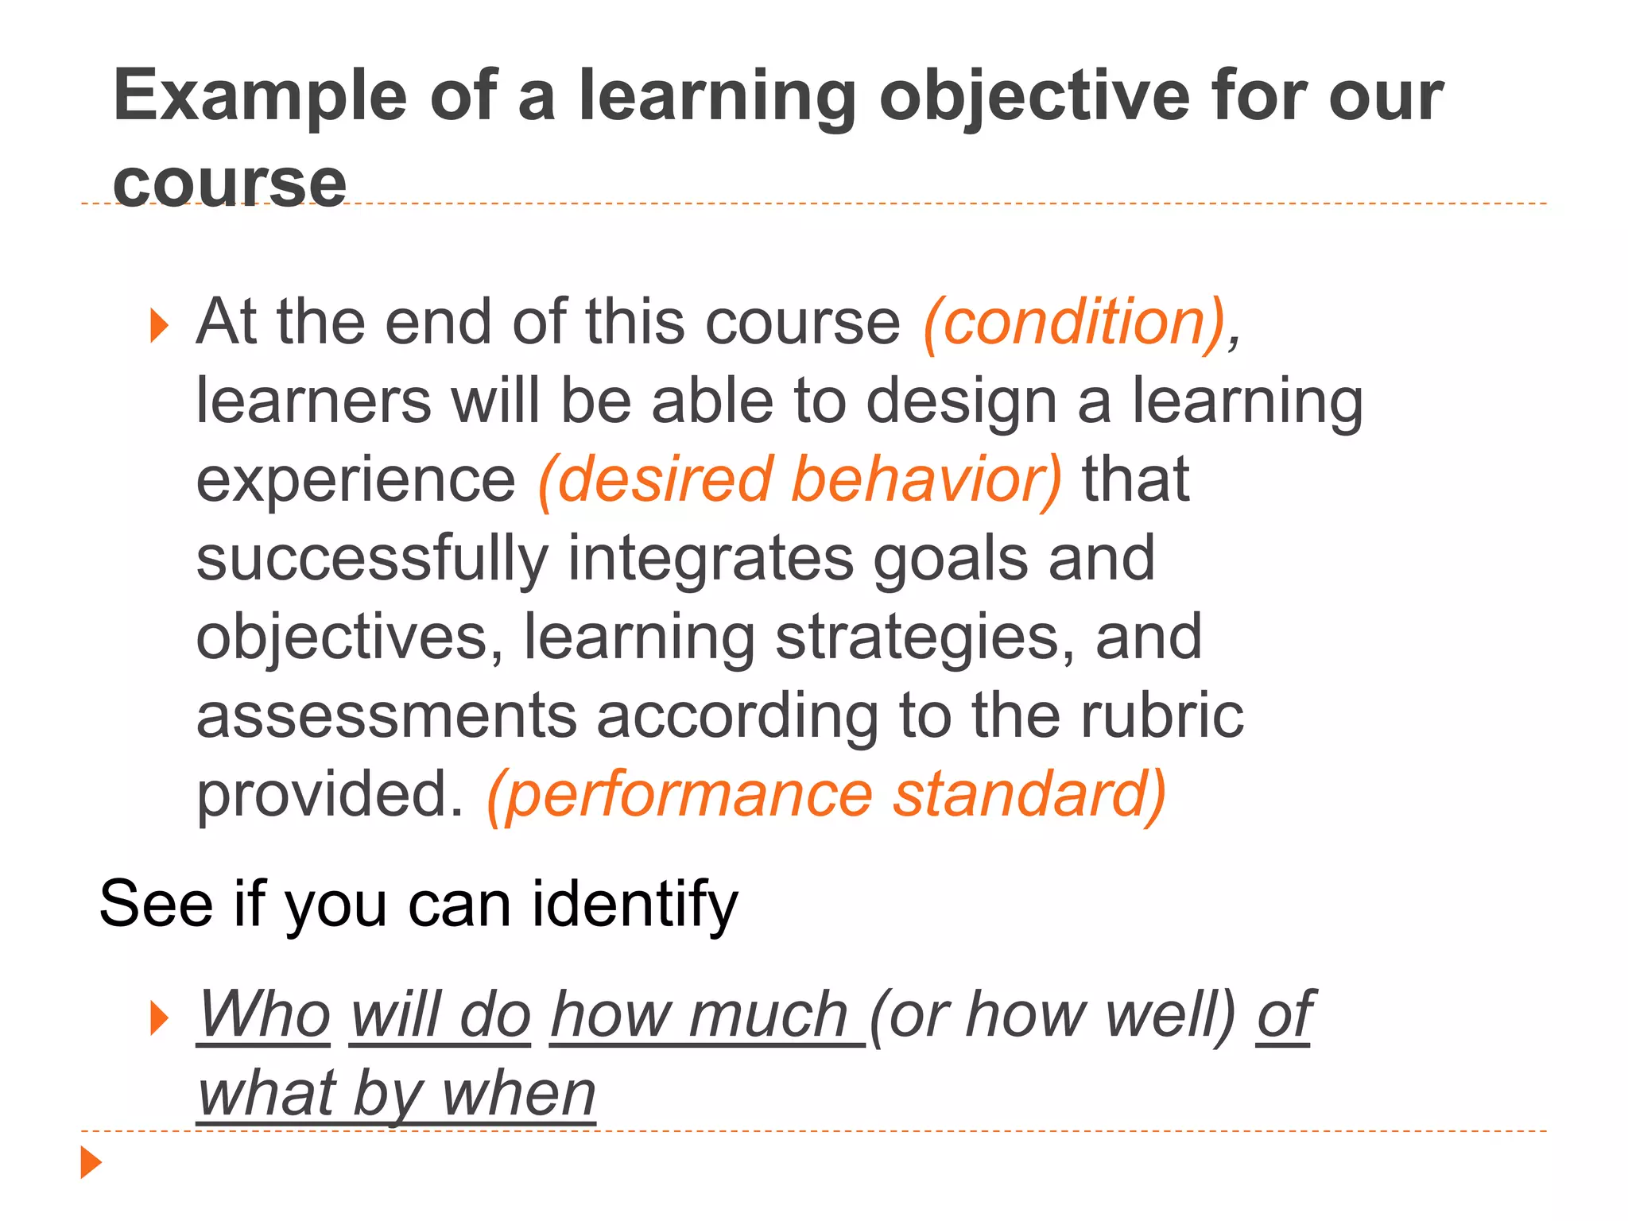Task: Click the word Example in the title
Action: tap(260, 97)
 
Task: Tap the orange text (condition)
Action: tap(1073, 322)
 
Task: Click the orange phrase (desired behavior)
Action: tap(800, 479)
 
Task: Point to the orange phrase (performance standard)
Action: tap(827, 794)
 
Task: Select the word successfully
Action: tap(372, 558)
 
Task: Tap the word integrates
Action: tap(711, 558)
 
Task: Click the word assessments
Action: tap(386, 715)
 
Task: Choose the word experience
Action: tap(355, 479)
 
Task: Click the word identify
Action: tap(635, 904)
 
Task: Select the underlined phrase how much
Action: tap(700, 1014)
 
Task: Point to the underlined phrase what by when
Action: tap(396, 1093)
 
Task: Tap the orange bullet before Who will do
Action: tap(160, 1018)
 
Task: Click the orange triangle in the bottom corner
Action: tap(91, 1162)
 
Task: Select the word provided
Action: tap(329, 794)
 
